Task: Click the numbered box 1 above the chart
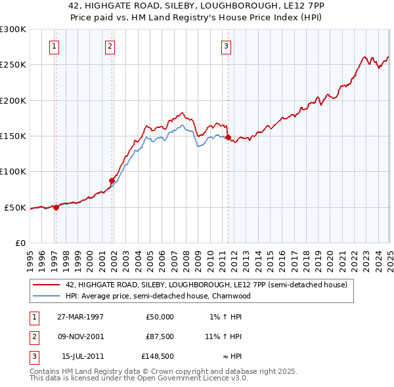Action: tap(53, 46)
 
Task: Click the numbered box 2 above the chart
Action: tap(109, 46)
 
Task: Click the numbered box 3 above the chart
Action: tap(225, 46)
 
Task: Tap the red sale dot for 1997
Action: tap(56, 207)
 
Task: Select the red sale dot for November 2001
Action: tap(112, 180)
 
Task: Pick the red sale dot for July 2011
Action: tap(229, 137)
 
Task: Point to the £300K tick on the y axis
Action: tap(13, 30)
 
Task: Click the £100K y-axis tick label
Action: tap(13, 171)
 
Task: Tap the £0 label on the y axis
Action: tap(20, 243)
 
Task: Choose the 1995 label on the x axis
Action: tap(30, 255)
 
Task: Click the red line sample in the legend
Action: tap(47, 285)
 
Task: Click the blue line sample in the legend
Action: tap(47, 296)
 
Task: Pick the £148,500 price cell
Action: tap(157, 357)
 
